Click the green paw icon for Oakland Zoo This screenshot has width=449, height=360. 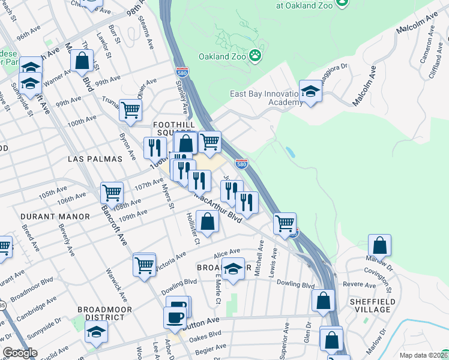[256, 55]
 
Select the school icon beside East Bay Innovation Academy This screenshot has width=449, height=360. [310, 92]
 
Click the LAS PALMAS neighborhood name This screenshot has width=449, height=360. [95, 159]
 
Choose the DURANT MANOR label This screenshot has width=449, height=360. [55, 216]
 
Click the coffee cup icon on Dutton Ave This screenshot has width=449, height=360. [175, 316]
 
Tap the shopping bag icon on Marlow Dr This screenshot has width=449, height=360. [379, 245]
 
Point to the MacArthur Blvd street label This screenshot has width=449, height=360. [217, 208]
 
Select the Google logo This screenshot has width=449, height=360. [20, 353]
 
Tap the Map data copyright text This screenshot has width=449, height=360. [423, 355]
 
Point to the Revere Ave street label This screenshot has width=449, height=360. [354, 284]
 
